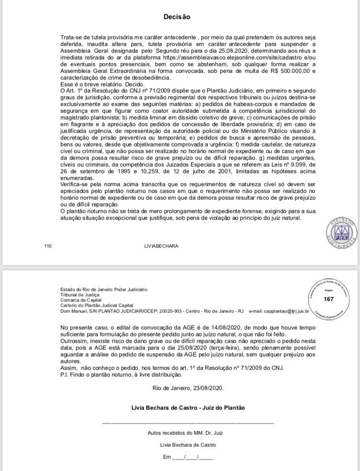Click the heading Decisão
coord(177,16)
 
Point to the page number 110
coord(48,246)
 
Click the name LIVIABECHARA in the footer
coord(161,246)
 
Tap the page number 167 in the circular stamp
coord(329,299)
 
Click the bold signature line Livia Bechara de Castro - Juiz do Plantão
coord(188,408)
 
